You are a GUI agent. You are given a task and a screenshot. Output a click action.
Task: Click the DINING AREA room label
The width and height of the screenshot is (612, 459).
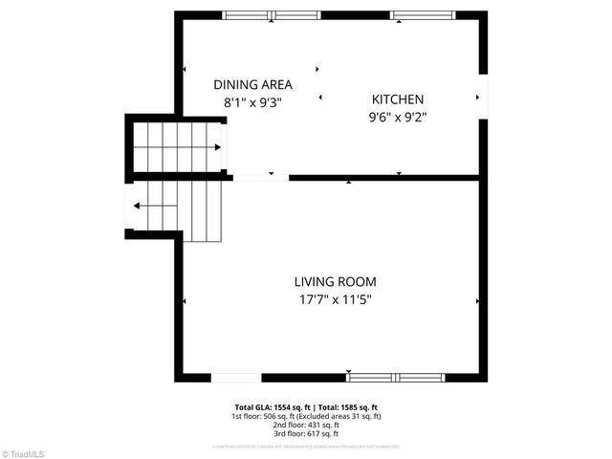pyautogui.click(x=252, y=84)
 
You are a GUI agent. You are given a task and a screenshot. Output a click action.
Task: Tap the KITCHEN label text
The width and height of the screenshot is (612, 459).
pyautogui.click(x=398, y=99)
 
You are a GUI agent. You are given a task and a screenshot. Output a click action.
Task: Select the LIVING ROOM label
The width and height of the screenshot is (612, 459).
pyautogui.click(x=335, y=282)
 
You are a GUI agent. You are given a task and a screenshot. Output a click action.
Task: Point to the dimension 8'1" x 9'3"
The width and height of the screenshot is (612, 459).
pyautogui.click(x=252, y=100)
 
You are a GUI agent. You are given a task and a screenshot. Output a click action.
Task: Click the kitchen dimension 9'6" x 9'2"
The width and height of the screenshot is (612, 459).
pyautogui.click(x=398, y=118)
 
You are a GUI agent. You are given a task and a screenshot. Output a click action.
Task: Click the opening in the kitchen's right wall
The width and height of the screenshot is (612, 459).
pyautogui.click(x=483, y=97)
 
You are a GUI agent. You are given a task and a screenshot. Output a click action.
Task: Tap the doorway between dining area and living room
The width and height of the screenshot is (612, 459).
pyautogui.click(x=260, y=178)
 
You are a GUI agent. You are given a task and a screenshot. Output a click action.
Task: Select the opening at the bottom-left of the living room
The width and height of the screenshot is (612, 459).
pyautogui.click(x=235, y=378)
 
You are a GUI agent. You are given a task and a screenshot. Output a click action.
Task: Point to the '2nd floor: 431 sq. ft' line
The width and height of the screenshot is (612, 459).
pyautogui.click(x=306, y=425)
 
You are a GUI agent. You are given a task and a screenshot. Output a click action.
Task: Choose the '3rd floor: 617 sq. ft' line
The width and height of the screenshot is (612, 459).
pyautogui.click(x=306, y=433)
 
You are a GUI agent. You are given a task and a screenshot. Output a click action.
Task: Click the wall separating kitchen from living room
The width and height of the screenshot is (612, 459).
pyautogui.click(x=382, y=178)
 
